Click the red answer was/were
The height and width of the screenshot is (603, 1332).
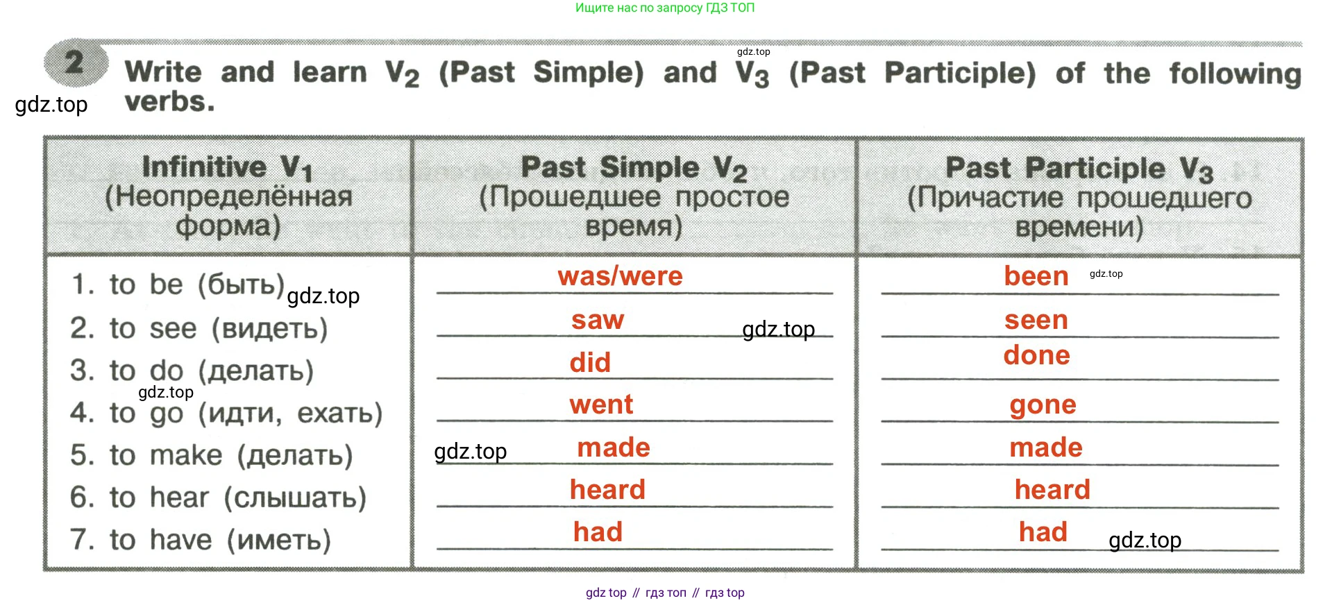click(620, 276)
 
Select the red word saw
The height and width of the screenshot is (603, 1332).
click(598, 320)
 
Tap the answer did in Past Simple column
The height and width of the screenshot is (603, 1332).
click(590, 362)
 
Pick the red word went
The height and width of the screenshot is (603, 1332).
click(601, 405)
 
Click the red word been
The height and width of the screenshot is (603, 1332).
click(1036, 276)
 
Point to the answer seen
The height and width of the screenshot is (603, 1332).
click(1036, 320)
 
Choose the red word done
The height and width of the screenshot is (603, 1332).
click(1037, 355)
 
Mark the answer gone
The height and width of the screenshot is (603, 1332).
click(1043, 405)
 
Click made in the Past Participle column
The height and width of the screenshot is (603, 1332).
click(1046, 448)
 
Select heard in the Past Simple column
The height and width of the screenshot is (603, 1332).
click(607, 490)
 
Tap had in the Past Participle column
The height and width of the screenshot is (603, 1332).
click(1043, 532)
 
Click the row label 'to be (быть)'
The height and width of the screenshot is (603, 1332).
click(178, 284)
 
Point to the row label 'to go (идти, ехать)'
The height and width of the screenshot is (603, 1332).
click(226, 414)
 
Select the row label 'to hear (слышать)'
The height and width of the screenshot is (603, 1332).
click(218, 498)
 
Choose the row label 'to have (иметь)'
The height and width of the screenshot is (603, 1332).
click(201, 540)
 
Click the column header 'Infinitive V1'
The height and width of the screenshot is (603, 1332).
click(228, 167)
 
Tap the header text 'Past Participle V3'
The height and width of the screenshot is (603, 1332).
click(1079, 169)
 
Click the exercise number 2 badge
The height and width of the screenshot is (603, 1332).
click(76, 62)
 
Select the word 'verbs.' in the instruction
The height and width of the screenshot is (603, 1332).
click(169, 102)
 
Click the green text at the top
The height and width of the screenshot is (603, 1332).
click(665, 8)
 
